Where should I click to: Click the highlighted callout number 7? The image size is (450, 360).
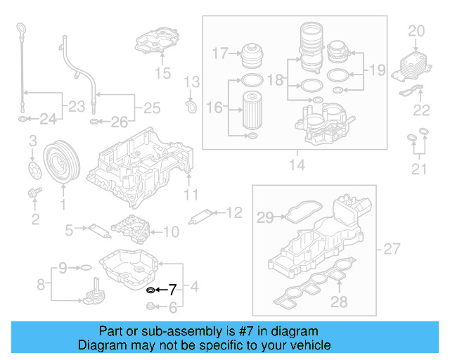pyautogui.click(x=172, y=289)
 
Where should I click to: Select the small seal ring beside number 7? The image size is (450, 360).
pyautogui.click(x=149, y=289)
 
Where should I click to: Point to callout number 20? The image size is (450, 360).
pyautogui.click(x=417, y=31)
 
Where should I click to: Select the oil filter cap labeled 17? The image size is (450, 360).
pyautogui.click(x=251, y=55)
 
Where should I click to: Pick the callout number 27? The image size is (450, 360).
pyautogui.click(x=391, y=249)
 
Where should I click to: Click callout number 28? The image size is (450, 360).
pyautogui.click(x=340, y=302)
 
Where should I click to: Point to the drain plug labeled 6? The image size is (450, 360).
pyautogui.click(x=150, y=306)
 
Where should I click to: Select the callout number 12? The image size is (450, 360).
pyautogui.click(x=233, y=212)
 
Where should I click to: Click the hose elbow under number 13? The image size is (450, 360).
pyautogui.click(x=189, y=106)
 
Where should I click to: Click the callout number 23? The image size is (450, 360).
pyautogui.click(x=75, y=108)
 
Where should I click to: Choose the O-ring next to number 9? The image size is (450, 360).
pyautogui.click(x=84, y=268)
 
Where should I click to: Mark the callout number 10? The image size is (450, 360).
pyautogui.click(x=171, y=231)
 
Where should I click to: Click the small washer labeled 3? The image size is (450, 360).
pyautogui.click(x=32, y=167)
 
